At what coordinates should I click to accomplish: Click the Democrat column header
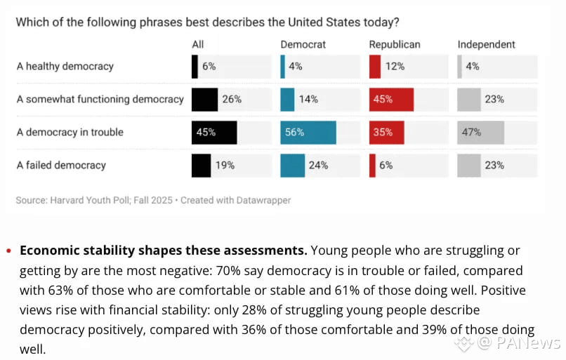click(x=303, y=44)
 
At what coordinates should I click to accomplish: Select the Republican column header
click(x=395, y=44)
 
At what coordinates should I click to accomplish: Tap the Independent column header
click(x=486, y=44)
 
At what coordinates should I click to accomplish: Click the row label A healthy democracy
click(x=65, y=67)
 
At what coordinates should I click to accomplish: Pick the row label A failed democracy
click(x=61, y=166)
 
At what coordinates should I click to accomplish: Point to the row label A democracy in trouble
click(x=70, y=133)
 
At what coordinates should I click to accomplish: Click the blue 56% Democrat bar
click(x=308, y=133)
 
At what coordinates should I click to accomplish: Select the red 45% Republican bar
click(x=391, y=100)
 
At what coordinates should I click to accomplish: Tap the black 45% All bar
click(x=214, y=133)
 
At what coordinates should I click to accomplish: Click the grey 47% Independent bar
click(x=480, y=133)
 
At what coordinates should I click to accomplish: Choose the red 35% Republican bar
click(x=386, y=133)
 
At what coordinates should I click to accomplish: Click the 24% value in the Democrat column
click(x=319, y=166)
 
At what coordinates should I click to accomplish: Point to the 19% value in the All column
click(x=225, y=166)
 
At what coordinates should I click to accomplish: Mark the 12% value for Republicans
click(x=395, y=67)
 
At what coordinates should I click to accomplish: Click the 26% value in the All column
click(x=232, y=100)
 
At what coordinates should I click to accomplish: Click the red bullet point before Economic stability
click(x=8, y=251)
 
